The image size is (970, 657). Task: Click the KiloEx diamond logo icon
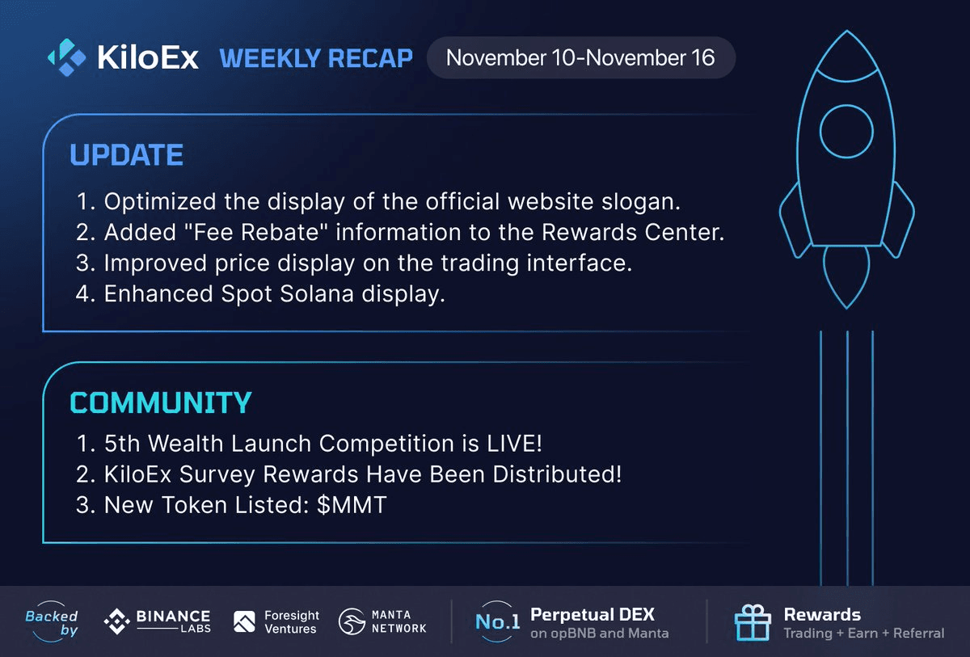tap(67, 57)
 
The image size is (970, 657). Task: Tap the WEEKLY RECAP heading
tap(316, 58)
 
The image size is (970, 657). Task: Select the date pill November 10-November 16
tap(580, 58)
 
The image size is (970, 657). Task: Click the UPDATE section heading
tap(126, 155)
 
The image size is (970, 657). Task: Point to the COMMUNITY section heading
tap(160, 402)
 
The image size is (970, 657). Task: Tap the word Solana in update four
tap(311, 294)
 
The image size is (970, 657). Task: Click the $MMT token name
tap(352, 506)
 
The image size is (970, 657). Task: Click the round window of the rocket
tap(846, 132)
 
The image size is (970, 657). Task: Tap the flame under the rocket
tap(846, 275)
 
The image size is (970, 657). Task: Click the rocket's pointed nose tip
tap(846, 35)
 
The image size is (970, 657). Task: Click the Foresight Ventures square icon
tap(244, 621)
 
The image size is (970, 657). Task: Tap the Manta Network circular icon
tap(351, 621)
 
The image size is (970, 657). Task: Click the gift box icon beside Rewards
tap(752, 622)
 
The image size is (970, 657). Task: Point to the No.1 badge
tap(496, 621)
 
